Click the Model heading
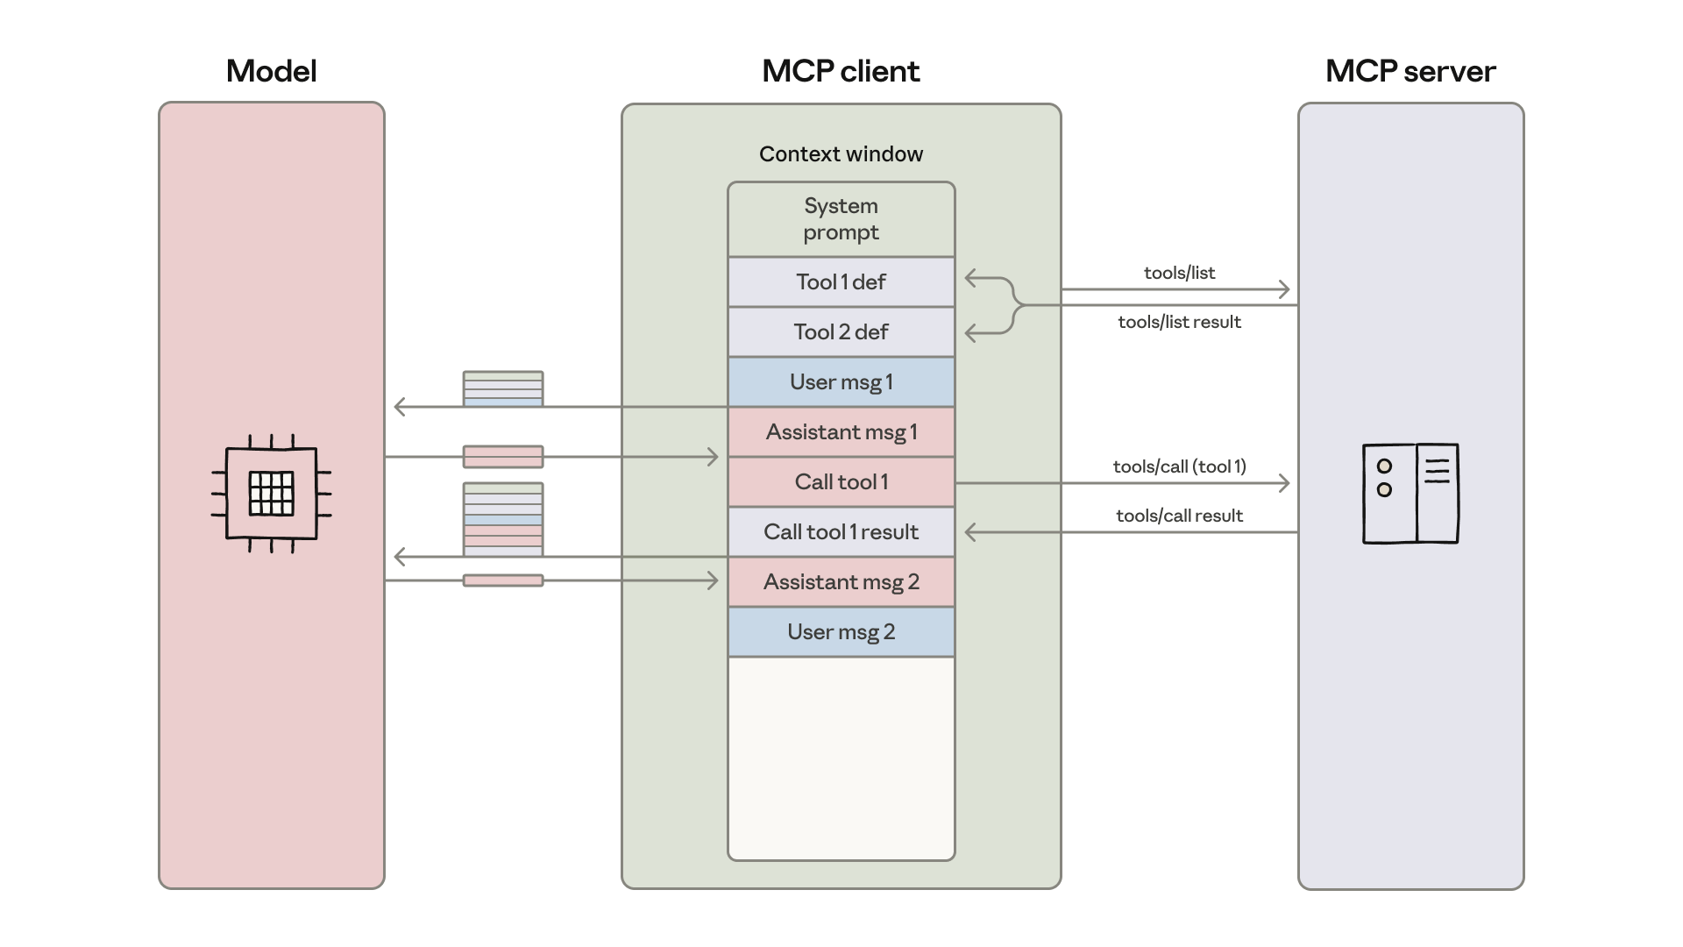tap(271, 71)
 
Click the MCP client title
tap(841, 71)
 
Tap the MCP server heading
tap(1410, 71)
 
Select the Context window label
tap(841, 154)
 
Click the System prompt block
tap(841, 219)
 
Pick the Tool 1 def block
tap(841, 282)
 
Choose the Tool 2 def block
tap(841, 332)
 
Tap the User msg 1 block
tap(841, 382)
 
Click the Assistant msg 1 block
tap(841, 432)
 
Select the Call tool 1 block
tap(841, 482)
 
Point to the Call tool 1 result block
tap(841, 532)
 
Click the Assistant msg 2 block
tap(841, 582)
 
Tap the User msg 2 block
tap(841, 632)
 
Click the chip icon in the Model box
tap(271, 494)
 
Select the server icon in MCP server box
tap(1410, 494)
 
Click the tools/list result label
tap(1179, 322)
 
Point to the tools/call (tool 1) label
tap(1179, 466)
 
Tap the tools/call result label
tap(1179, 516)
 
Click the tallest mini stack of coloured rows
tap(503, 519)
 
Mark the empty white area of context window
tap(841, 758)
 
